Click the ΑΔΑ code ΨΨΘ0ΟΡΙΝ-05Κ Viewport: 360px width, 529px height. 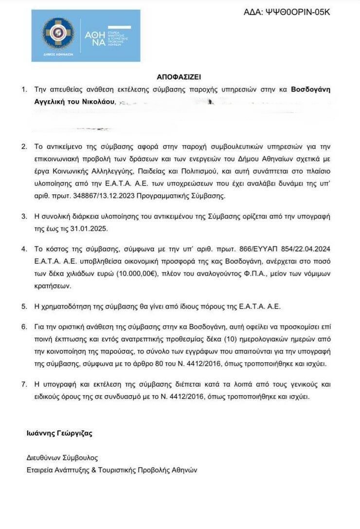coord(297,12)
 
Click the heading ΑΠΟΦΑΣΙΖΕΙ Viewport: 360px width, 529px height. coord(179,77)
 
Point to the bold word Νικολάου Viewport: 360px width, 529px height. coord(99,102)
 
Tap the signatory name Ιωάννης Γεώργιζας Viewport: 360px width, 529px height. coord(59,433)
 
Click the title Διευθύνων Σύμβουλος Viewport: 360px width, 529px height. coord(62,458)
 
